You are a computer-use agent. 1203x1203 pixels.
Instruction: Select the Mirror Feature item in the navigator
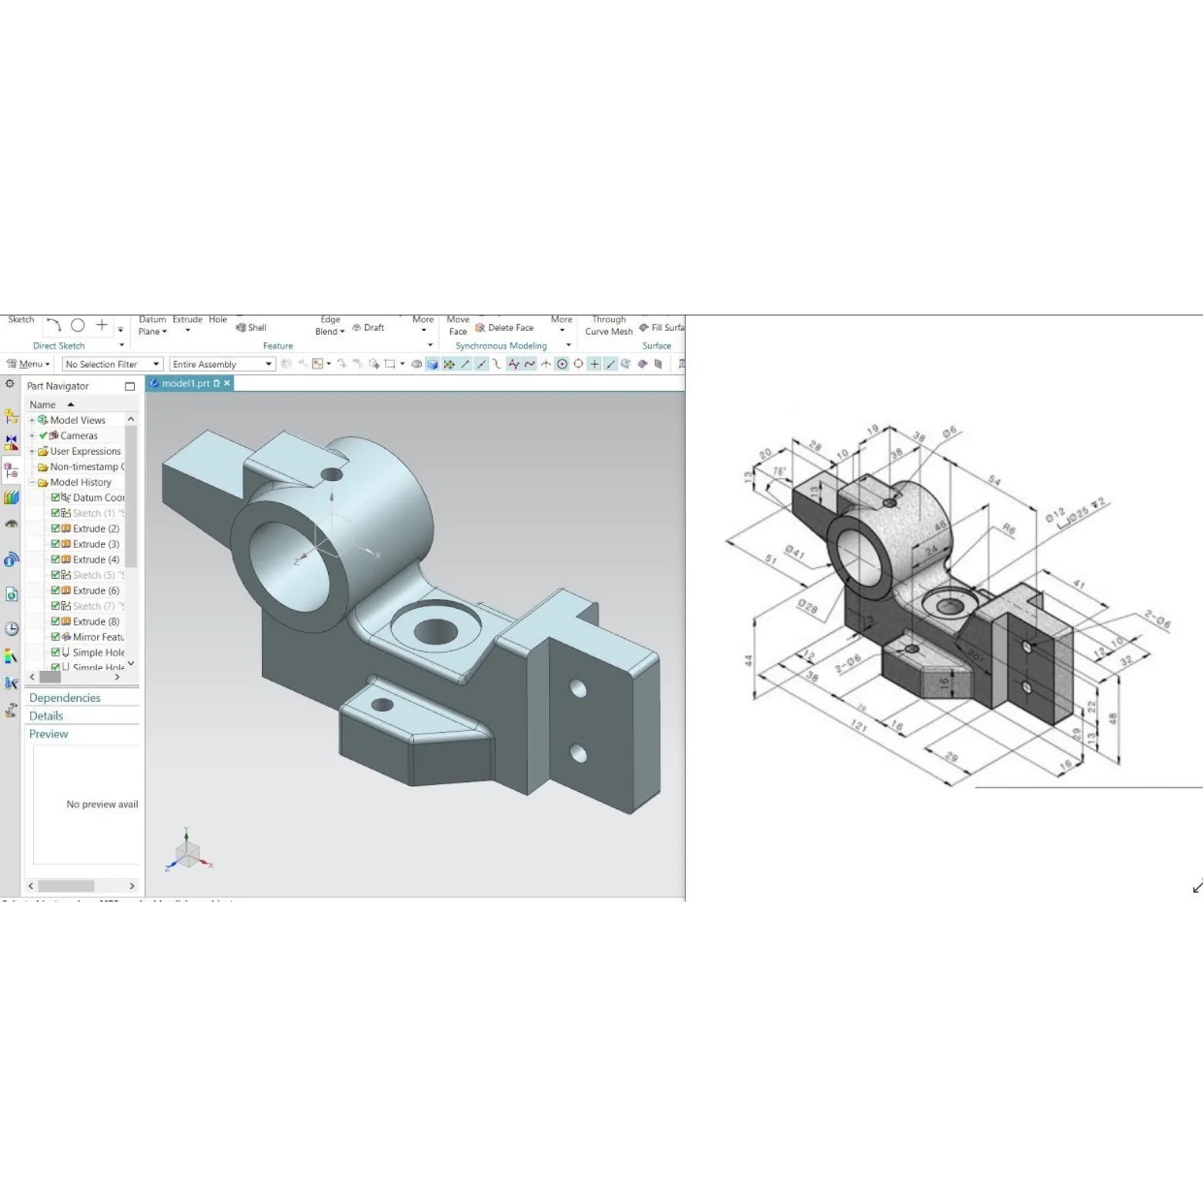click(x=97, y=637)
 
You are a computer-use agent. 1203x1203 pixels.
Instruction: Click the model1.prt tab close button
click(x=227, y=383)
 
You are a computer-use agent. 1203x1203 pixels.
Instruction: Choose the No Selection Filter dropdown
click(x=112, y=364)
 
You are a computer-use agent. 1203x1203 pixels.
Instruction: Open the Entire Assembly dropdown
click(x=222, y=364)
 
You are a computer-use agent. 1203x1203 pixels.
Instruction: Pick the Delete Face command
click(x=504, y=327)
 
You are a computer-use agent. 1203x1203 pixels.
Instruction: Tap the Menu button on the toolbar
click(x=28, y=364)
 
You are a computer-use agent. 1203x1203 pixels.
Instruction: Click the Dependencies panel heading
click(x=65, y=697)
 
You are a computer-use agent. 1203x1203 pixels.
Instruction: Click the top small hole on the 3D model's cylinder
click(x=332, y=474)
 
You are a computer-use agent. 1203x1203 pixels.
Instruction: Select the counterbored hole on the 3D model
click(x=436, y=631)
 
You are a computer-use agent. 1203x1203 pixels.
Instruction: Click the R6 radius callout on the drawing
click(x=1008, y=529)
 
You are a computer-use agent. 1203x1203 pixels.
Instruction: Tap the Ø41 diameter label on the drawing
click(x=794, y=552)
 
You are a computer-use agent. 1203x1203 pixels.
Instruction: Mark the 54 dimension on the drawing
click(x=994, y=481)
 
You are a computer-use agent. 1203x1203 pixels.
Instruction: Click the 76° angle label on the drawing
click(x=779, y=471)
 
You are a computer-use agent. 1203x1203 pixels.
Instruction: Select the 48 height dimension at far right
click(x=1113, y=718)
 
